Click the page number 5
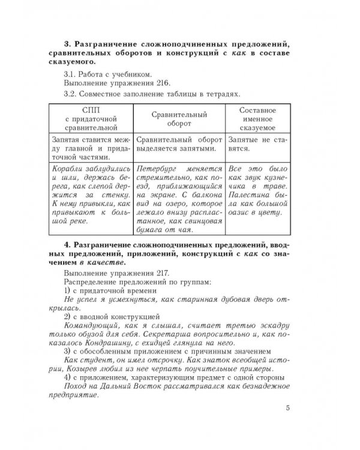(x=289, y=409)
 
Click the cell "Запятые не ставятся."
(x=257, y=143)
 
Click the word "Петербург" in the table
(x=156, y=169)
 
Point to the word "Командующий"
(x=91, y=325)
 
